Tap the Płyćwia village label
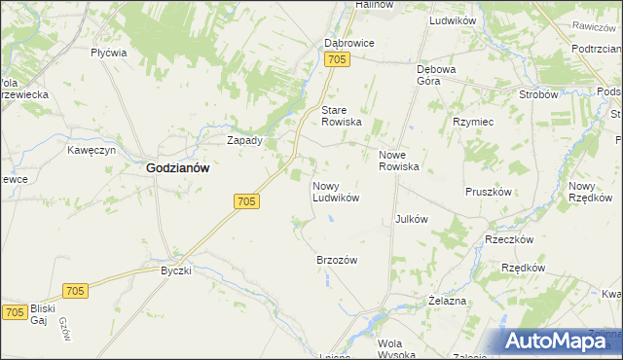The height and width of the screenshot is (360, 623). coord(109,54)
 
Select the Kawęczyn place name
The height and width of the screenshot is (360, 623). coord(92,151)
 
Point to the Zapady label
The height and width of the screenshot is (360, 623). coord(244,140)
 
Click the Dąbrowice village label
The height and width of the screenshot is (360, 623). coord(349,44)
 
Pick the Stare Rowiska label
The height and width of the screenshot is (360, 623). coord(342,116)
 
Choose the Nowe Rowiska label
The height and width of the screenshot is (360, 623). coord(398,161)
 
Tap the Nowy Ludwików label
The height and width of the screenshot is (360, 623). coord(336,191)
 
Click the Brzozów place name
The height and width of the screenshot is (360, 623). coord(338,260)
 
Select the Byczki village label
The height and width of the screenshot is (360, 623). coord(176,270)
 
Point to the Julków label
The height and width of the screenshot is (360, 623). coord(412,219)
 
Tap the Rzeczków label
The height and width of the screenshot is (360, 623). coord(509,239)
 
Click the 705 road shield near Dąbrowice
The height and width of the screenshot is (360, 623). coord(337,61)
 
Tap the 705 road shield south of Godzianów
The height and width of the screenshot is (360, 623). coord(247,201)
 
